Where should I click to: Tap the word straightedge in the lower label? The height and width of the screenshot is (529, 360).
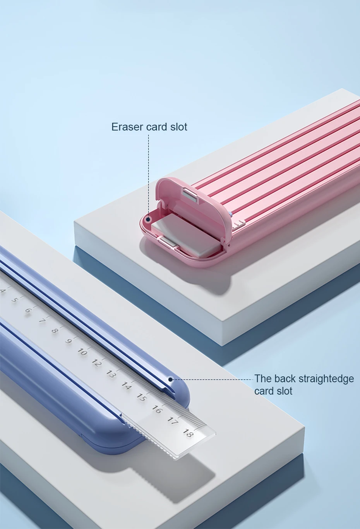click(x=326, y=379)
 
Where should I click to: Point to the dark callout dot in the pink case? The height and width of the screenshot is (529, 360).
click(x=148, y=219)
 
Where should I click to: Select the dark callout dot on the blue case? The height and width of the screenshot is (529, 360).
click(x=171, y=380)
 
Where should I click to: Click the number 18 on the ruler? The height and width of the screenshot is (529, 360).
click(x=188, y=433)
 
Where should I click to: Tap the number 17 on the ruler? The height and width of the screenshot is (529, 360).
click(x=172, y=420)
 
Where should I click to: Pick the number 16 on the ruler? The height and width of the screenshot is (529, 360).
click(x=156, y=409)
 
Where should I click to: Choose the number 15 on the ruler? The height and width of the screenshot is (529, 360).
click(x=141, y=397)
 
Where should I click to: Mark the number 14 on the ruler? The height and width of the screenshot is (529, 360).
click(x=126, y=385)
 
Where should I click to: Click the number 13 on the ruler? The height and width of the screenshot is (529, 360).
click(x=111, y=374)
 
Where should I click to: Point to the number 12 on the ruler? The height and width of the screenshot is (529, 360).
click(x=97, y=363)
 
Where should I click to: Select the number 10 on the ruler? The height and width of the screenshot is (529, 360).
click(x=82, y=352)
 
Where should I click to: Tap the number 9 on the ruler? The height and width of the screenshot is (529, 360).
click(x=69, y=341)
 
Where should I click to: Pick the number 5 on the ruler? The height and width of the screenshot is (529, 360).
click(x=15, y=300)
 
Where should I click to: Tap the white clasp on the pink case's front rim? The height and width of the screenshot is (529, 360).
click(x=168, y=242)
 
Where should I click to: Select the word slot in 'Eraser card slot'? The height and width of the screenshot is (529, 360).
click(x=178, y=127)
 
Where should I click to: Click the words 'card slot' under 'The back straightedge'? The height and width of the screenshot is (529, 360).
click(x=273, y=391)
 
